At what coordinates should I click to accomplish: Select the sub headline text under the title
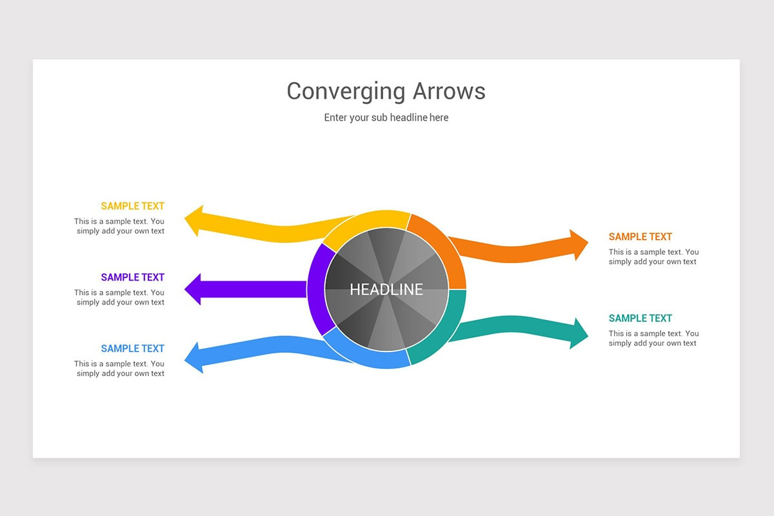386,117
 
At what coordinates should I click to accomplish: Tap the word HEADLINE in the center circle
386,290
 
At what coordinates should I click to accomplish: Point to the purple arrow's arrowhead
193,289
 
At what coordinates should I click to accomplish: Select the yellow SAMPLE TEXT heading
132,206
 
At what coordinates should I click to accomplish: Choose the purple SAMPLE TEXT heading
132,277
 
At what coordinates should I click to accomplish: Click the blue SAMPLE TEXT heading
132,348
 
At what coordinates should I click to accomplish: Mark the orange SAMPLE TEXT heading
640,237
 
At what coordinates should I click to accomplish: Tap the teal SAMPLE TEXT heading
640,318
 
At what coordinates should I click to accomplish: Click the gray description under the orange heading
653,257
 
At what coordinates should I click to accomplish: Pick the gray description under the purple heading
120,297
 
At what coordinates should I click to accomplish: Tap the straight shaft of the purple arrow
258,289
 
